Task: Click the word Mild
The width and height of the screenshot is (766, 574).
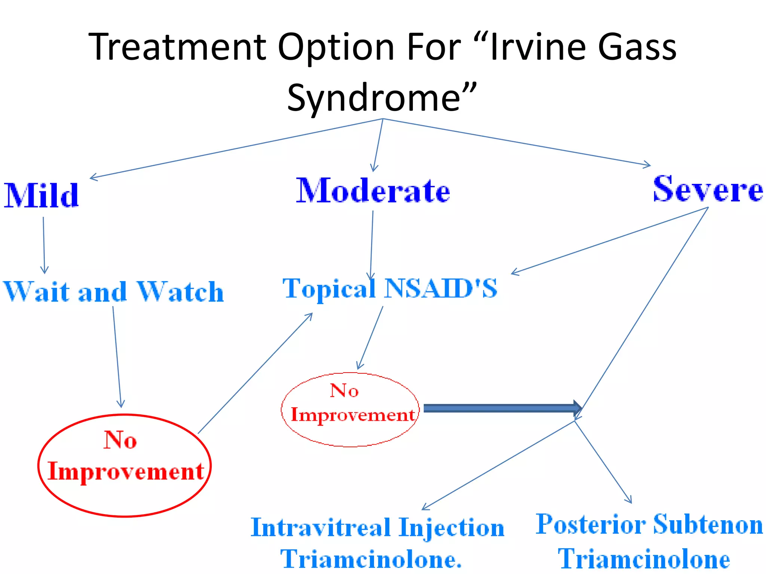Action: click(41, 195)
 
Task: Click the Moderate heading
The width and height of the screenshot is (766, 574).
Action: click(373, 191)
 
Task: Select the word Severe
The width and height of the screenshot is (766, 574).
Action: click(708, 189)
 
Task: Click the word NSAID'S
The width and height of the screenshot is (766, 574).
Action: click(441, 288)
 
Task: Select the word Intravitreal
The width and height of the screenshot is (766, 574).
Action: click(321, 528)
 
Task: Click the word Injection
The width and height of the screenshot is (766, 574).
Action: click(451, 528)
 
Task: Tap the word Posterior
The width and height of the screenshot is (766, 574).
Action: click(591, 524)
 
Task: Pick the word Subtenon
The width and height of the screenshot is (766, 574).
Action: click(708, 524)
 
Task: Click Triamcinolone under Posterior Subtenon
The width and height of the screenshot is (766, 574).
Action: click(644, 559)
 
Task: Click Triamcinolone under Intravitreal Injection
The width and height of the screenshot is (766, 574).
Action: click(371, 559)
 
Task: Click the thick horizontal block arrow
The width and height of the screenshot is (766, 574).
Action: click(501, 408)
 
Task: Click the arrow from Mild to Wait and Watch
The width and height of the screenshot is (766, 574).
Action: click(44, 245)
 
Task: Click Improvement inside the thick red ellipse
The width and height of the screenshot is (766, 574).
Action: click(126, 472)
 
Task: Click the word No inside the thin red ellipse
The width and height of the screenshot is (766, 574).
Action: click(344, 391)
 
